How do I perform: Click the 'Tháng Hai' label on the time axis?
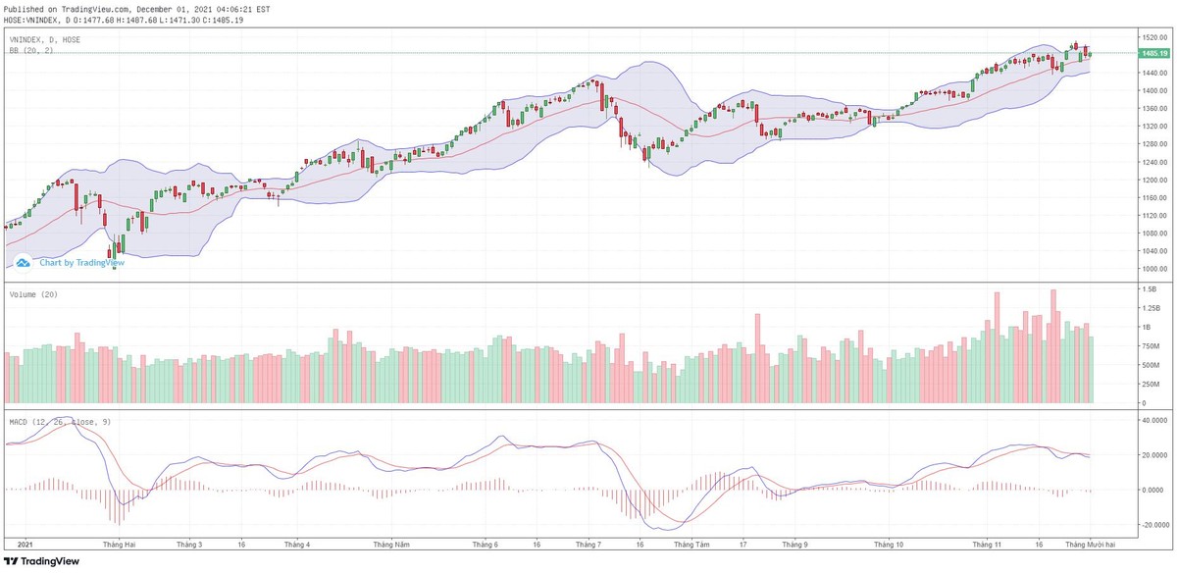119,543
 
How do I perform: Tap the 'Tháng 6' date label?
486,543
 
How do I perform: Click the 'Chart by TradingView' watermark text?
81,263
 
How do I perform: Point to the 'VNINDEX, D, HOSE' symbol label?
45,39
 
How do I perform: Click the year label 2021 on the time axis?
26,543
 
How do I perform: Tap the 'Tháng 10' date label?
888,543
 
